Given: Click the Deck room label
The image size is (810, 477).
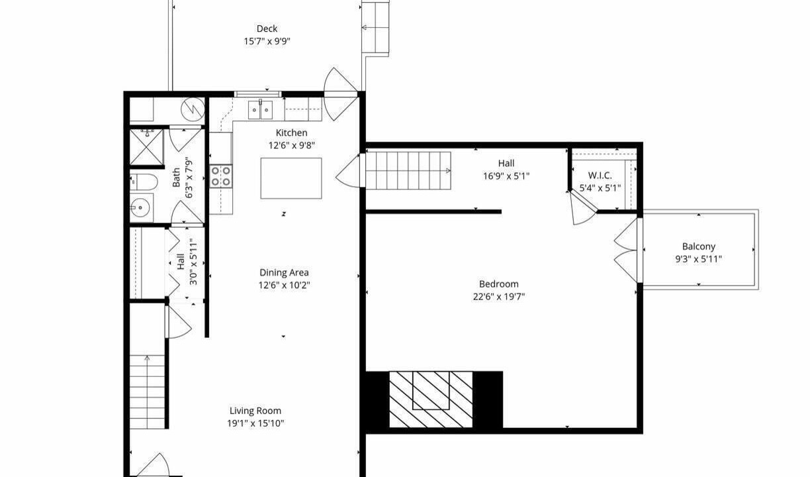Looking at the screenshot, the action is pyautogui.click(x=267, y=28).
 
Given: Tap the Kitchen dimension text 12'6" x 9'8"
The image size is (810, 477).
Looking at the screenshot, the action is pyautogui.click(x=291, y=146).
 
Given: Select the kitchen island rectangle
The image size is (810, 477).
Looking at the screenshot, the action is pyautogui.click(x=291, y=178).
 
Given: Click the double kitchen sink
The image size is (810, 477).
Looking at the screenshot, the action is pyautogui.click(x=260, y=110).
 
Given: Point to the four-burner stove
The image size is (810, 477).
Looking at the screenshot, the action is pyautogui.click(x=220, y=176).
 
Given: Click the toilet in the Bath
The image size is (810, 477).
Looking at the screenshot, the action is pyautogui.click(x=144, y=182).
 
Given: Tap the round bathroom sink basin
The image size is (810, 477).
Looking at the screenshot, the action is pyautogui.click(x=140, y=208).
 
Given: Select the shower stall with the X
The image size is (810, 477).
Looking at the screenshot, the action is pyautogui.click(x=146, y=147).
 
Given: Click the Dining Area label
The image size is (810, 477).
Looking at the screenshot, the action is pyautogui.click(x=284, y=272).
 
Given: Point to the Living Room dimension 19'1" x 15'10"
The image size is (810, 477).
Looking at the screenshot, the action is pyautogui.click(x=255, y=423).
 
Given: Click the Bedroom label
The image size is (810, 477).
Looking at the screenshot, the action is pyautogui.click(x=499, y=284).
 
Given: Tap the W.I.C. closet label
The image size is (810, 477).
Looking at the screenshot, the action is pyautogui.click(x=600, y=176).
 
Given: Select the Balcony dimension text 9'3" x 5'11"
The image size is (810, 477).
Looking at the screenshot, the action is pyautogui.click(x=698, y=259).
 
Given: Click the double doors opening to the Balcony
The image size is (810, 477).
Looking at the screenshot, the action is pyautogui.click(x=627, y=250).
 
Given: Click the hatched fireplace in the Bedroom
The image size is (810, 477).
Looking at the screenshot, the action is pyautogui.click(x=431, y=399).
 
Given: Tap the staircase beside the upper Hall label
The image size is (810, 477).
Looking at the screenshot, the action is pyautogui.click(x=408, y=170).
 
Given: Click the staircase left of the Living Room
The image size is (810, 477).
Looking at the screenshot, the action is pyautogui.click(x=147, y=392).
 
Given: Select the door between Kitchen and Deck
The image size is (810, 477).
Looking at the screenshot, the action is pyautogui.click(x=341, y=94).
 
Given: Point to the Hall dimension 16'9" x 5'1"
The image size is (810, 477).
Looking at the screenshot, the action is pyautogui.click(x=506, y=176).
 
